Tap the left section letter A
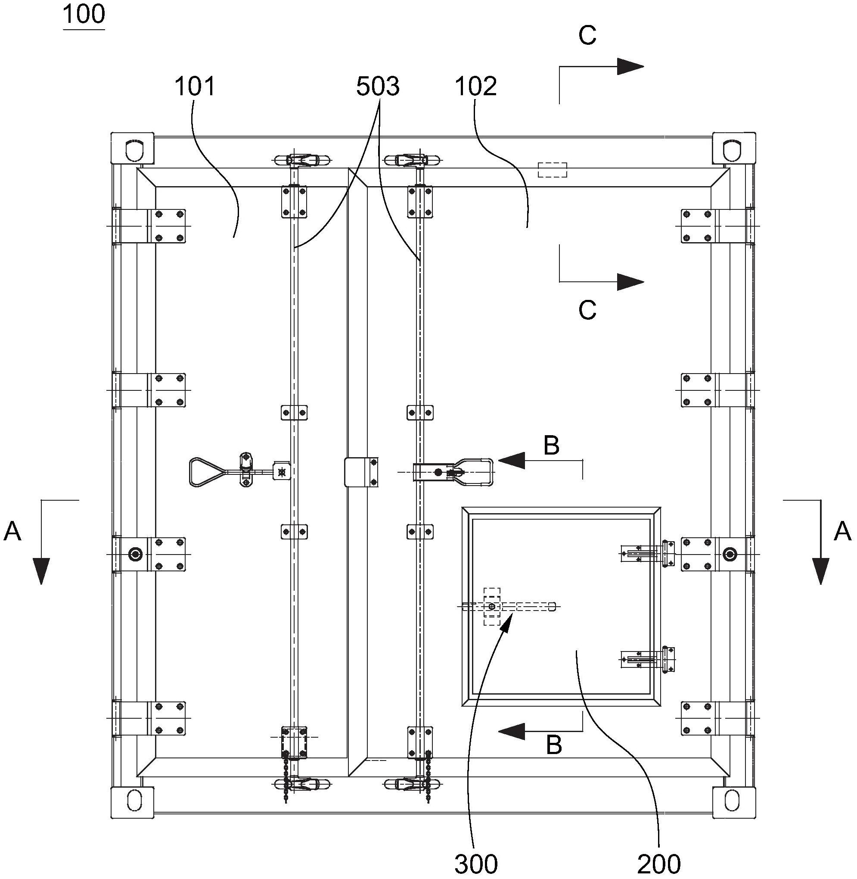(x=12, y=531)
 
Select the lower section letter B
(x=554, y=745)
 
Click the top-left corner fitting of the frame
(x=133, y=148)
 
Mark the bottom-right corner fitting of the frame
(x=734, y=801)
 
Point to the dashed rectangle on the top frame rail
(x=552, y=170)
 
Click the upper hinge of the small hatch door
(x=648, y=553)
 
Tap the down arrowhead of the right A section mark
(x=821, y=570)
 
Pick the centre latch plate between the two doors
(x=361, y=472)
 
